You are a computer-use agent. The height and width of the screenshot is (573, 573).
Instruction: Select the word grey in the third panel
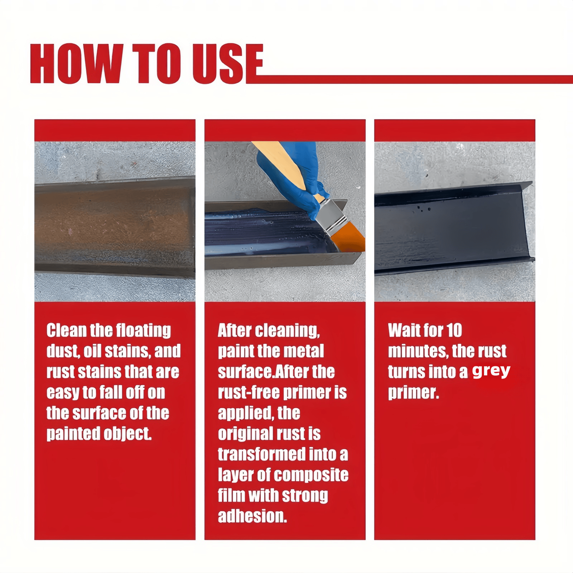point(491,371)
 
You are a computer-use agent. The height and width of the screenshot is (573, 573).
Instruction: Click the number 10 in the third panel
point(454,331)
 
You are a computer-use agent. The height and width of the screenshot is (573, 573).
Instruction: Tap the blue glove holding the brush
point(308,186)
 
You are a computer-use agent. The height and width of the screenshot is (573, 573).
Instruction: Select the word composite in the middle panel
point(310,475)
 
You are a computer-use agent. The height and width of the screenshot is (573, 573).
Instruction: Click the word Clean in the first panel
point(67,331)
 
